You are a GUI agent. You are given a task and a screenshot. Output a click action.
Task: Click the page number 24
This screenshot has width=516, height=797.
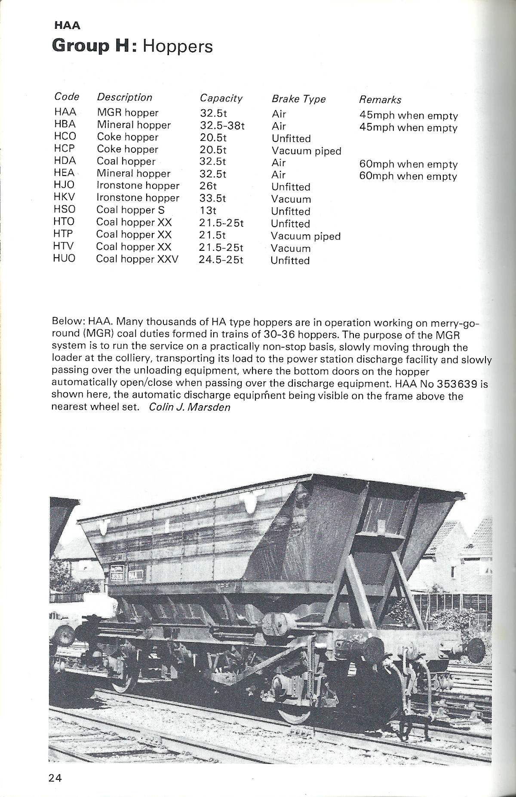[55, 777]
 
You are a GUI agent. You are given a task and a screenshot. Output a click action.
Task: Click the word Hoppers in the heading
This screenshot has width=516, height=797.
[178, 46]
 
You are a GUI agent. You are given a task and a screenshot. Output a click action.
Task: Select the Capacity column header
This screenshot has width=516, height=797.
[221, 98]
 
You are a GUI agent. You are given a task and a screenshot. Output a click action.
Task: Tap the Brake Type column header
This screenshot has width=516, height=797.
[298, 99]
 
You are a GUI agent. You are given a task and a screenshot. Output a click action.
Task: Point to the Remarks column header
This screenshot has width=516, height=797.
[380, 100]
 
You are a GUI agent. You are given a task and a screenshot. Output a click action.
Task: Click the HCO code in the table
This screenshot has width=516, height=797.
[65, 136]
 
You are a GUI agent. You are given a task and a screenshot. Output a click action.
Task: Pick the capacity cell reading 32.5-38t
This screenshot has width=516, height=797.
[222, 125]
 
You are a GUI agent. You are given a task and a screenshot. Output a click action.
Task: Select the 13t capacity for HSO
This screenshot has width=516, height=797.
[208, 210]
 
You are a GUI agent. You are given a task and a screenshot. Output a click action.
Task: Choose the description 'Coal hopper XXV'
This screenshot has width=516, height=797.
[137, 259]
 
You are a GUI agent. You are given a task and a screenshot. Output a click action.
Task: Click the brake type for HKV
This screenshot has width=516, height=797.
[291, 200]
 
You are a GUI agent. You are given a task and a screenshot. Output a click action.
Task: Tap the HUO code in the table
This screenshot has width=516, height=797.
[64, 258]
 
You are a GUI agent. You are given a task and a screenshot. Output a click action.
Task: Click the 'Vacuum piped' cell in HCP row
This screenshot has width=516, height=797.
[306, 151]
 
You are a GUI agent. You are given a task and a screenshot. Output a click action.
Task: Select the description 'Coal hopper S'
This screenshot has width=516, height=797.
[130, 210]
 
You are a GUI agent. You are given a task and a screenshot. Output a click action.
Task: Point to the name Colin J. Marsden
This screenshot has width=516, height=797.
[189, 407]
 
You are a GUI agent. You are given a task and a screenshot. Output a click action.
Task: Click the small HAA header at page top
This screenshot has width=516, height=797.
[67, 25]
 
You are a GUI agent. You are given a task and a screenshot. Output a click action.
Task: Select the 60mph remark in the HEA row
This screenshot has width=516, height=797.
[408, 176]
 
